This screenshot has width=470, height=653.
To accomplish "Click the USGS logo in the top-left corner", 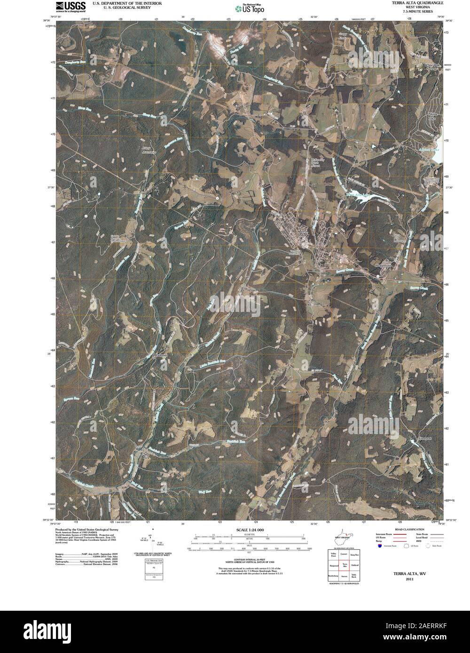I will (70, 7).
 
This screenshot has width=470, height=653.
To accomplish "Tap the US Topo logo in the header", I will (250, 8).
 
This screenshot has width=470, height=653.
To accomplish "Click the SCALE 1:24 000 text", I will (250, 530).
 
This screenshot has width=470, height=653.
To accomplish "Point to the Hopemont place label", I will (383, 265).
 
